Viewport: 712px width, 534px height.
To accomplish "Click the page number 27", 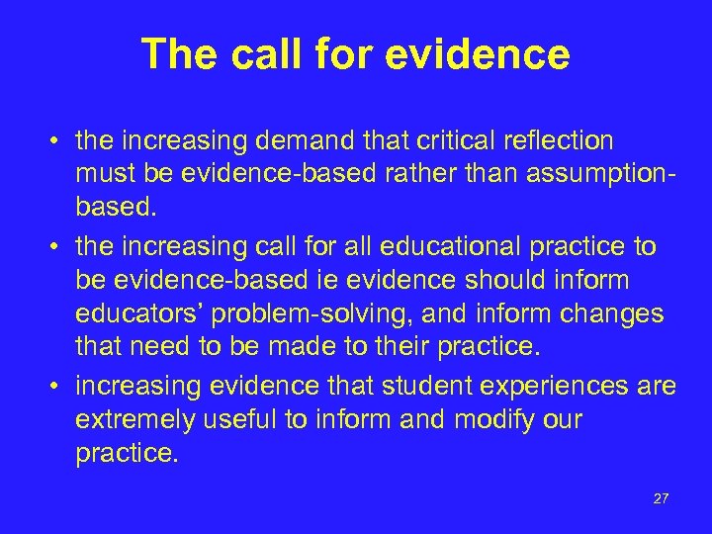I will click(x=662, y=499).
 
